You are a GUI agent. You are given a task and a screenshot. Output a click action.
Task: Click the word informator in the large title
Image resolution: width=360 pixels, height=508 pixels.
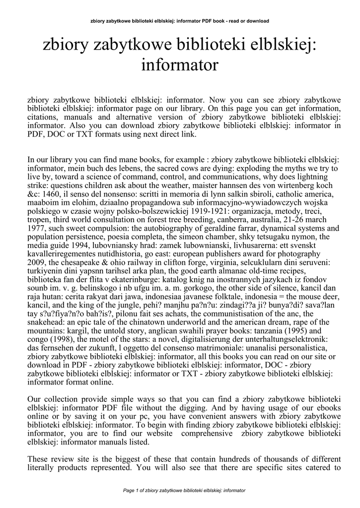(x=180, y=64)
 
